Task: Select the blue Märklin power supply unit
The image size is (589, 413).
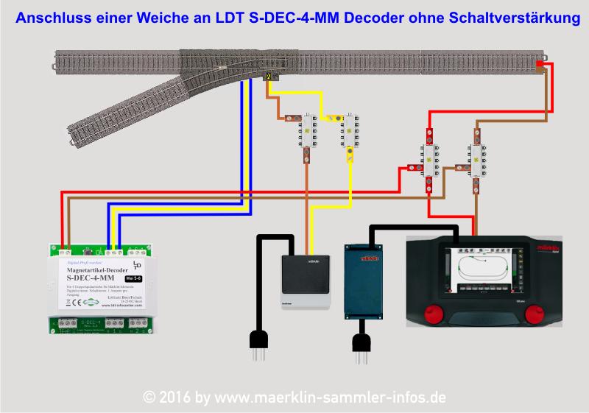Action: (365, 270)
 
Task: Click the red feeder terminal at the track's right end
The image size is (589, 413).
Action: (540, 66)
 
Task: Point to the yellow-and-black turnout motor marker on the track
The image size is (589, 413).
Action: (270, 76)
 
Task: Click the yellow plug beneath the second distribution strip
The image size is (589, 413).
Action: (350, 154)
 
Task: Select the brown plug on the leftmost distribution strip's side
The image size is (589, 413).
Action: (290, 117)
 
